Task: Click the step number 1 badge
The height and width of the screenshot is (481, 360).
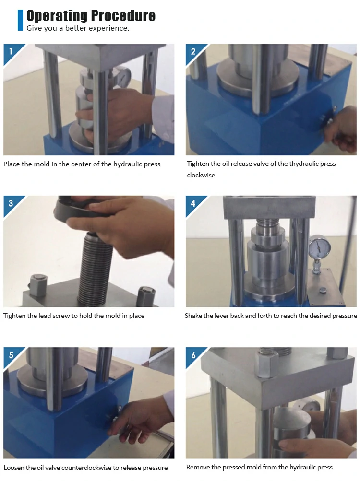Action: [x=11, y=51]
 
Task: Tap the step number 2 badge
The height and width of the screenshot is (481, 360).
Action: [x=193, y=51]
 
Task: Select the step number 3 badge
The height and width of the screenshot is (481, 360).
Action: [x=11, y=203]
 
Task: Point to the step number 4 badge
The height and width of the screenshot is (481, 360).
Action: [x=193, y=203]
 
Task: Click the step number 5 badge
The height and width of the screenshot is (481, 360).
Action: [x=11, y=355]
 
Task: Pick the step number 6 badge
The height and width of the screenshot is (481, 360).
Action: [x=193, y=355]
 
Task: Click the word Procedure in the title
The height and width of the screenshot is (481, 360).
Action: [x=123, y=15]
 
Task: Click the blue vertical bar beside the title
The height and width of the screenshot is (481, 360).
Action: [x=20, y=20]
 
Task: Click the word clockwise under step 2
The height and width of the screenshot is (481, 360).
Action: [x=201, y=175]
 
